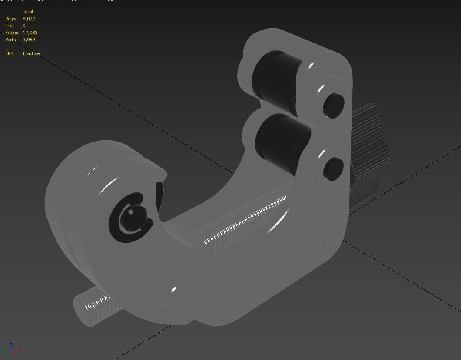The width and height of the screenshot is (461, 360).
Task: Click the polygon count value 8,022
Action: (x=29, y=19)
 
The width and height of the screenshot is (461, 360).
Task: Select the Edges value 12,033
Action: (x=29, y=33)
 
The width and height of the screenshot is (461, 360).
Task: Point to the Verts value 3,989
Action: (x=29, y=40)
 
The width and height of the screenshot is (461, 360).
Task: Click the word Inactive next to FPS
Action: (x=31, y=53)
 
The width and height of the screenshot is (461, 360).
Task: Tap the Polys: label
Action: (x=11, y=19)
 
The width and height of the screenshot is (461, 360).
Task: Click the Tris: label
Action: (x=10, y=26)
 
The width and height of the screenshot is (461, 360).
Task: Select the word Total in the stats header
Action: (x=28, y=12)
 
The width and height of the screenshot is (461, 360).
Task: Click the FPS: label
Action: (x=10, y=53)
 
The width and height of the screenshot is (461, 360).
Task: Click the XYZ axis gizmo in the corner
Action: (x=11, y=349)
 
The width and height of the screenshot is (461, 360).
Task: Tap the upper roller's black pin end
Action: (x=334, y=105)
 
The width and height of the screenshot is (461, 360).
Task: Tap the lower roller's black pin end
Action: (x=334, y=169)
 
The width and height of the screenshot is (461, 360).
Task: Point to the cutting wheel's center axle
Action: (x=133, y=218)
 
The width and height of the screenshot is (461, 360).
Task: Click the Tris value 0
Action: (x=24, y=26)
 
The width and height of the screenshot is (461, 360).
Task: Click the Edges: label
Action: (x=12, y=33)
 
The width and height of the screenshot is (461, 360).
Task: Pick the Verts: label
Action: (x=11, y=40)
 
